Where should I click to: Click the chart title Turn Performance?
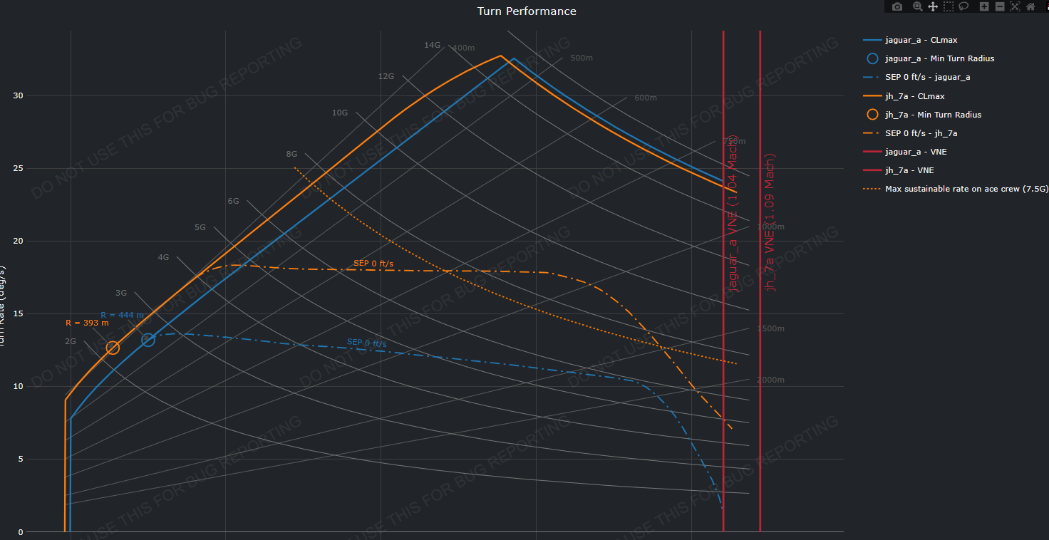pos(526,11)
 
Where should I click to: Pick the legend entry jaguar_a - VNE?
pos(916,152)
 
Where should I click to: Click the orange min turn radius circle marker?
pos(113,348)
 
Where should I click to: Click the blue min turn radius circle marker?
pos(148,340)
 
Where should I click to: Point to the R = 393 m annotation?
pos(87,323)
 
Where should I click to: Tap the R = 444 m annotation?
pos(122,315)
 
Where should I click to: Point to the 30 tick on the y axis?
pos(19,95)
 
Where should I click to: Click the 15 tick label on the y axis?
pos(19,313)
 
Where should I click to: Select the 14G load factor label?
pos(432,45)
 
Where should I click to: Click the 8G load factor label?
pos(291,154)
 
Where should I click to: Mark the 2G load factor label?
pos(70,341)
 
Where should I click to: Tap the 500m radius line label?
pos(582,58)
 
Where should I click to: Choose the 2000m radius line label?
pos(770,380)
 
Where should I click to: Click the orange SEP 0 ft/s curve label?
pos(373,264)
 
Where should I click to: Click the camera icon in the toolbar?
pos(897,6)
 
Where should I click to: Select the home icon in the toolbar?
pos(1030,6)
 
